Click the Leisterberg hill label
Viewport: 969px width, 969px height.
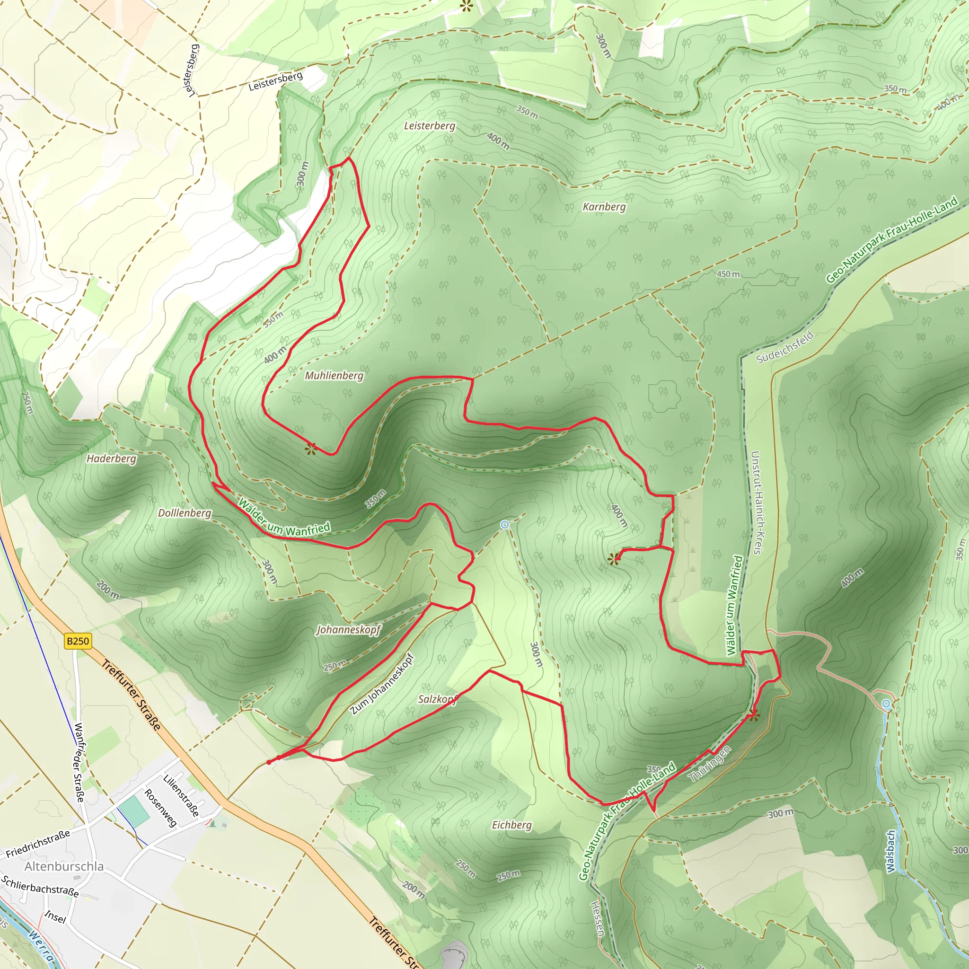click(x=429, y=125)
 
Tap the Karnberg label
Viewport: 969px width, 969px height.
click(x=604, y=207)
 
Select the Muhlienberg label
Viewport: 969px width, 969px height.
click(x=334, y=375)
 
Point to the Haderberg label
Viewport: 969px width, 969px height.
click(x=111, y=458)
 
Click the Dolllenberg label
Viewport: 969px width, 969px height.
click(x=185, y=512)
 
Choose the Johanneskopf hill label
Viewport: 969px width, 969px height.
click(x=349, y=629)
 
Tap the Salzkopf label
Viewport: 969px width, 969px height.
click(x=438, y=699)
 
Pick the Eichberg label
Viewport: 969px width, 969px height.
click(x=511, y=825)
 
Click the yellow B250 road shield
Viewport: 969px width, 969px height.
click(x=78, y=641)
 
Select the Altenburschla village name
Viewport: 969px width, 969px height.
click(x=64, y=866)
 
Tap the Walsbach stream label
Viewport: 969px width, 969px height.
click(x=890, y=851)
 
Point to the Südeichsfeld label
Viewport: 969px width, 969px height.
click(x=784, y=348)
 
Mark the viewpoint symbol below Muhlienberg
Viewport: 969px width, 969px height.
click(x=311, y=448)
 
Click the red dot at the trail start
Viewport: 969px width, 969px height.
click(x=269, y=762)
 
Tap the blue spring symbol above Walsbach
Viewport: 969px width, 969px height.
click(x=886, y=704)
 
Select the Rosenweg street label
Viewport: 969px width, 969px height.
click(x=160, y=808)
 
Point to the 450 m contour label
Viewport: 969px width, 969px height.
click(x=728, y=274)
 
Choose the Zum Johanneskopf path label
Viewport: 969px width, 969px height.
click(x=382, y=684)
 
